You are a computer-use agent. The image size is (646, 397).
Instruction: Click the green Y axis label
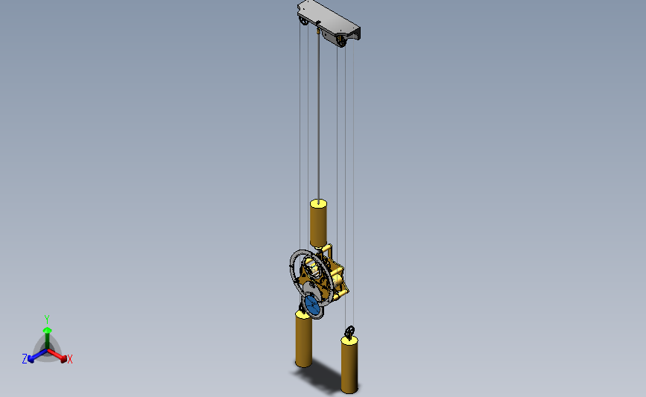47,320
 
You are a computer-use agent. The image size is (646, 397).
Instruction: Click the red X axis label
69,359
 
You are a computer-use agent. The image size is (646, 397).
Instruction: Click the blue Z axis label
25,359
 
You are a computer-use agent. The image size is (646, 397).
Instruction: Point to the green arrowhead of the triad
48,330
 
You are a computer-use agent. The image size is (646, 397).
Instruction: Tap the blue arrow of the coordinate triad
38,356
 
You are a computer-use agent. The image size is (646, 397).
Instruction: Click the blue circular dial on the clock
313,305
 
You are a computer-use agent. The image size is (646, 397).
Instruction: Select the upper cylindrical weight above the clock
318,223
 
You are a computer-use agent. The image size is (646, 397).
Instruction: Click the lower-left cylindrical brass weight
304,339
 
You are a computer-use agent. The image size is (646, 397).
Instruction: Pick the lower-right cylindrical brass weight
349,364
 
